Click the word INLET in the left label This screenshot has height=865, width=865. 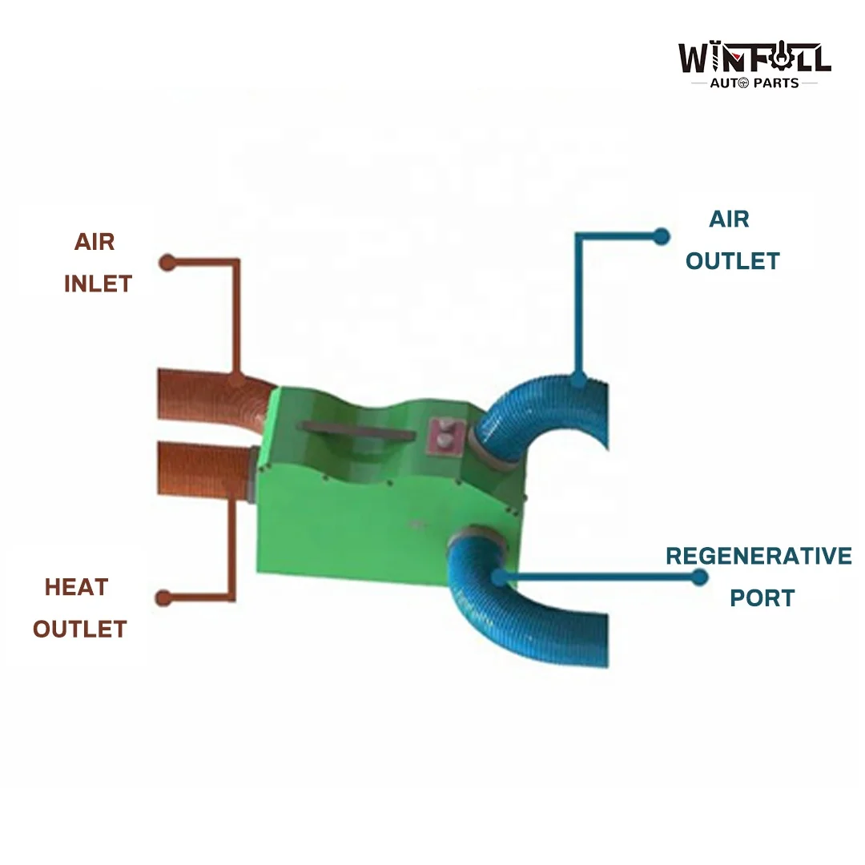[99, 284]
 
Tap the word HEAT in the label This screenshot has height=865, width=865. [77, 588]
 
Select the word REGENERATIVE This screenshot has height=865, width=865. [758, 556]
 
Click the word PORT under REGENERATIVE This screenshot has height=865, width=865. [762, 598]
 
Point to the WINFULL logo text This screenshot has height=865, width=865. [754, 57]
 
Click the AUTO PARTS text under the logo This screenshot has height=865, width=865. [754, 83]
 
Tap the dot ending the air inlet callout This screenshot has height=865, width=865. [167, 263]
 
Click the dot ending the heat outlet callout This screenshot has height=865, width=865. [163, 598]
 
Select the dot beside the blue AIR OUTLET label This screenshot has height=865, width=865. [661, 236]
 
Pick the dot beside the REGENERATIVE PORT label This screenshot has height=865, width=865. [699, 577]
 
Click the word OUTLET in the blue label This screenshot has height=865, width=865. [733, 261]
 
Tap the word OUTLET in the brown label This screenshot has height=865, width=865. [80, 630]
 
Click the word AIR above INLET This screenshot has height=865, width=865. [95, 242]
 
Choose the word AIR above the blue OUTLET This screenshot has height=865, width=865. [730, 219]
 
